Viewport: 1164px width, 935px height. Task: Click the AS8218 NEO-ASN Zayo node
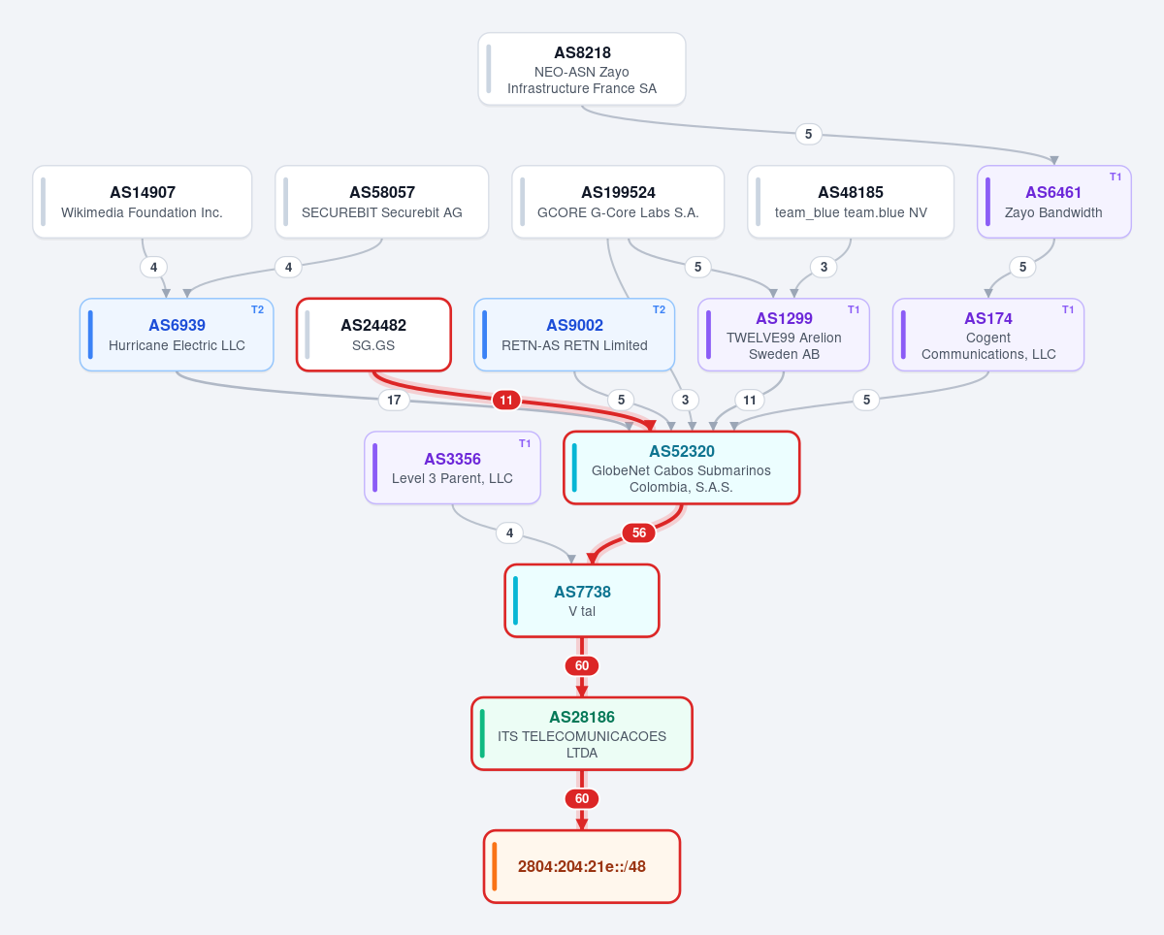(582, 69)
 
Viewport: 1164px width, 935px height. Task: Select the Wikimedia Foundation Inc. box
(143, 202)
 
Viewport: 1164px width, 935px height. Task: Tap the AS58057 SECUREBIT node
(382, 202)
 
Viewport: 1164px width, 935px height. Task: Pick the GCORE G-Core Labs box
(618, 202)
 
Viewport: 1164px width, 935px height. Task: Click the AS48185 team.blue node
(851, 202)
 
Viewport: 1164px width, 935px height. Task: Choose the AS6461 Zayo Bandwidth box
(1054, 202)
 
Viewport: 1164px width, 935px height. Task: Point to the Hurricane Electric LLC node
(177, 335)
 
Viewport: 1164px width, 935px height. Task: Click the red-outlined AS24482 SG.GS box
(373, 335)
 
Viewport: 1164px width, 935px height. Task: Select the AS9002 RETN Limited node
(574, 335)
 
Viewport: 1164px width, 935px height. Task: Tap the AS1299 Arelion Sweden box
(784, 335)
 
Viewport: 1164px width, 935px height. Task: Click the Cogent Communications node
(988, 335)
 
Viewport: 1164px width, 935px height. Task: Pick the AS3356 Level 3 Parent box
(453, 467)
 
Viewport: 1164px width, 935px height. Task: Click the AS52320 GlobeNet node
(682, 467)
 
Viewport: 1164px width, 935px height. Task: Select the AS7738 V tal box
(582, 600)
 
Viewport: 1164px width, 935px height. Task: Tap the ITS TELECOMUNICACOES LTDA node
(582, 734)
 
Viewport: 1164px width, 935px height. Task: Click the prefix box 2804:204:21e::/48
(582, 867)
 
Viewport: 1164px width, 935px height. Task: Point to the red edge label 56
(639, 532)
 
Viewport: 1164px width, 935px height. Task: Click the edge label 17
(394, 400)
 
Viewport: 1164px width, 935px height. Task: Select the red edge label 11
(506, 400)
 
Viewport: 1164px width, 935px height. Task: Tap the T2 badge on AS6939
(257, 309)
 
